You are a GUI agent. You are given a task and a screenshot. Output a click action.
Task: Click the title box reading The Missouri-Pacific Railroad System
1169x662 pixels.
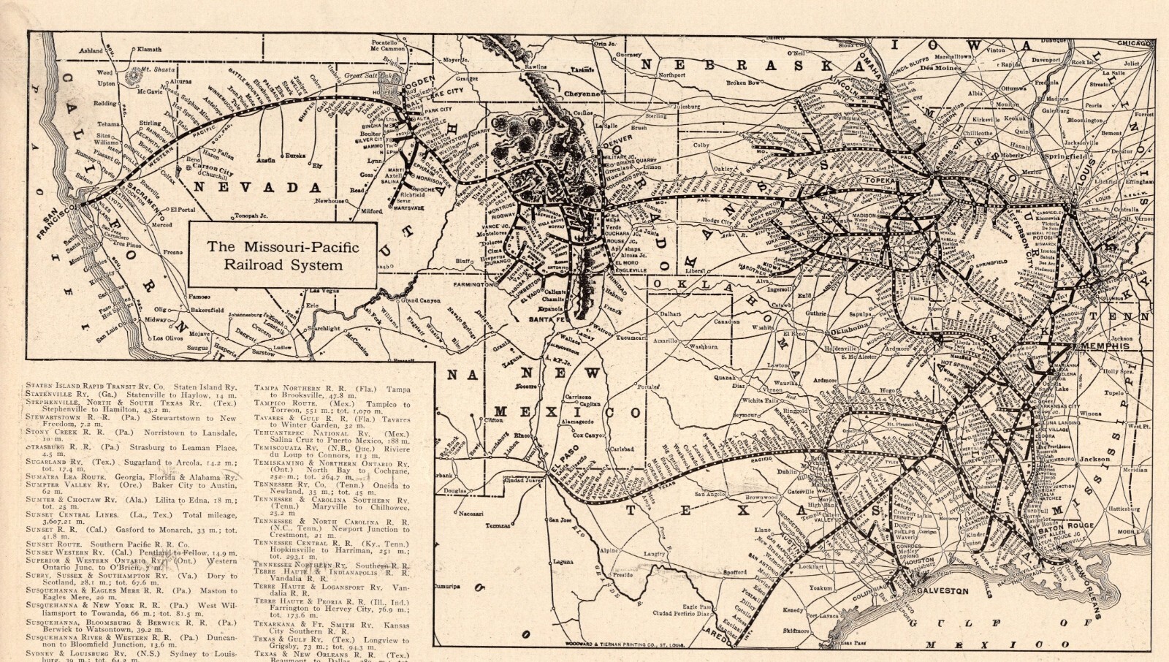(283, 255)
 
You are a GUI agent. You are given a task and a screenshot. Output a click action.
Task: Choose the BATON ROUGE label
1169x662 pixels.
(1069, 525)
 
